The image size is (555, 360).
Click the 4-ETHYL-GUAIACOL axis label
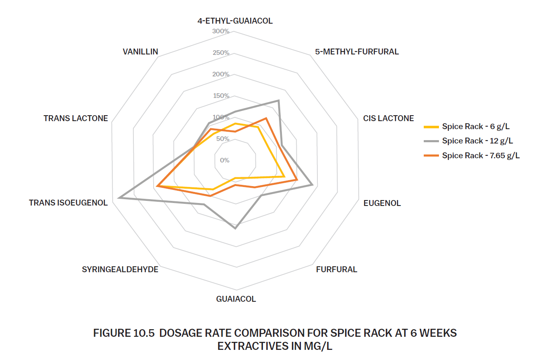point(235,21)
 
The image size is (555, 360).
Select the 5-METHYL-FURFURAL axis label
point(357,52)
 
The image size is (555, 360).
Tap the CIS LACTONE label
point(388,119)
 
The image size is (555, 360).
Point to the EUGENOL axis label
point(382,203)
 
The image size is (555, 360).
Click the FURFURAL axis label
point(336,269)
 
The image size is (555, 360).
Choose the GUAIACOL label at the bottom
point(236,299)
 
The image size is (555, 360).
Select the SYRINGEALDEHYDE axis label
point(120,269)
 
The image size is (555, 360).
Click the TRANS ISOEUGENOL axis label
point(68,203)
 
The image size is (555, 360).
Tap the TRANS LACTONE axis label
point(76,119)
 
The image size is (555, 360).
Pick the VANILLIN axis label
point(141,52)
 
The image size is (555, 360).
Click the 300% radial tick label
point(221,31)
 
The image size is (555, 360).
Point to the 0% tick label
point(225,160)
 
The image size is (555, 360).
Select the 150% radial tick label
point(221,96)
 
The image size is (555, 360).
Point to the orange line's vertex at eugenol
point(297,180)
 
